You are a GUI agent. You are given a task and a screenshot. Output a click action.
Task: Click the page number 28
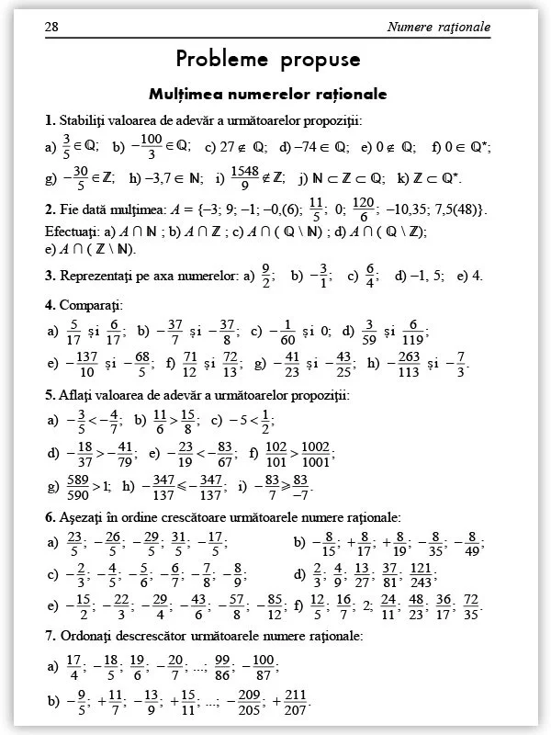[52, 27]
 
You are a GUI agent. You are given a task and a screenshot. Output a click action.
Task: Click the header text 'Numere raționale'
[439, 27]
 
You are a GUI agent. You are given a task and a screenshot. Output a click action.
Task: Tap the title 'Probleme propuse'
[268, 61]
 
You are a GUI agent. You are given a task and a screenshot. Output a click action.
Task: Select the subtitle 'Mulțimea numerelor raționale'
[267, 94]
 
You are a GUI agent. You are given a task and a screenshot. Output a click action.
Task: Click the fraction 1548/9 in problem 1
[244, 177]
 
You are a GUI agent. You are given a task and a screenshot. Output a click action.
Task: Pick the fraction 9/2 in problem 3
[266, 275]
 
